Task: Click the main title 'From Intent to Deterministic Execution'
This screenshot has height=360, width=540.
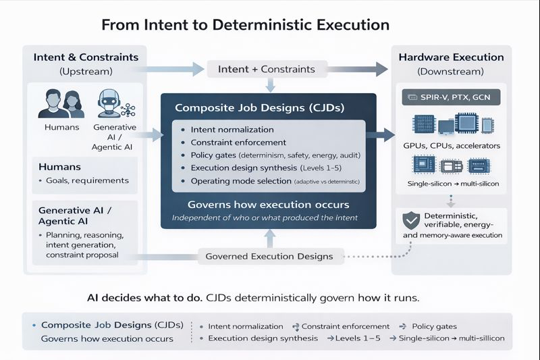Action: point(245,25)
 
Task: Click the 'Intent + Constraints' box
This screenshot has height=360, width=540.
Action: point(270,69)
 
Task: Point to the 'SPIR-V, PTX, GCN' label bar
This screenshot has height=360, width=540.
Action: point(451,98)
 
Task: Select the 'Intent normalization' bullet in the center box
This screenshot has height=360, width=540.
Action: point(232,129)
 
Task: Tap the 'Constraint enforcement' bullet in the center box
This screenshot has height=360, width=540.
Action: point(238,143)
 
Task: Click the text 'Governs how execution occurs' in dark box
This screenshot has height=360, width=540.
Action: point(268,205)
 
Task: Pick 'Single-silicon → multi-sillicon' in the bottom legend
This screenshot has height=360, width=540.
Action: point(452,338)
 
